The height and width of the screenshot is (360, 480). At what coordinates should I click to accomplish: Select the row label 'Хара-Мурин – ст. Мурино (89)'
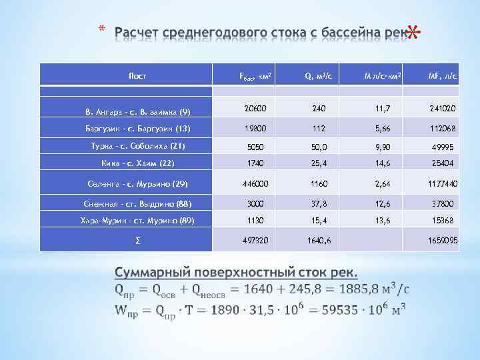[137, 220]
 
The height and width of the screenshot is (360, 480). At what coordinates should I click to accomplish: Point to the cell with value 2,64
[382, 183]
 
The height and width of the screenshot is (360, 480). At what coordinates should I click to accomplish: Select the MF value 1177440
[441, 183]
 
